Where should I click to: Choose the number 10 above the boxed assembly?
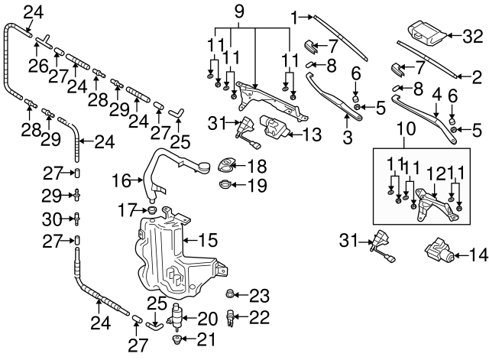[403, 141]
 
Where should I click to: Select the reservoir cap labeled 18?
[228, 164]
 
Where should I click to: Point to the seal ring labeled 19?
[226, 184]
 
